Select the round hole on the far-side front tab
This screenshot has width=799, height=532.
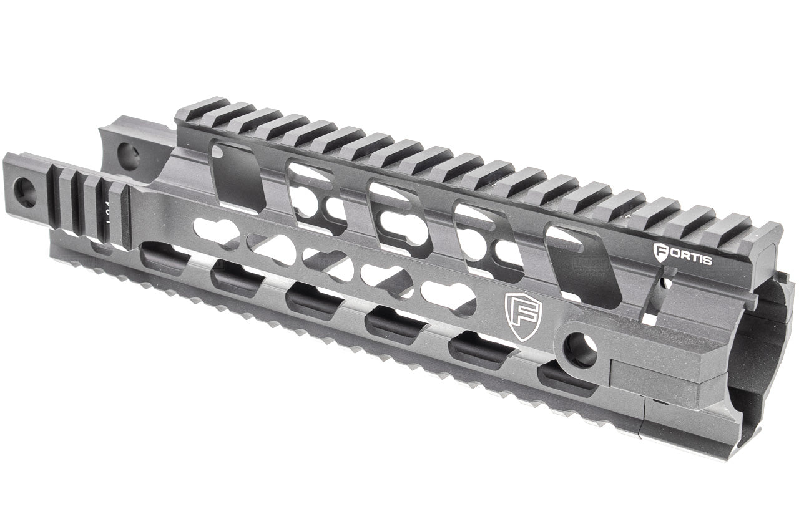[128, 156]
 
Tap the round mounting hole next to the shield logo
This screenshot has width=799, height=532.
[581, 350]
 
